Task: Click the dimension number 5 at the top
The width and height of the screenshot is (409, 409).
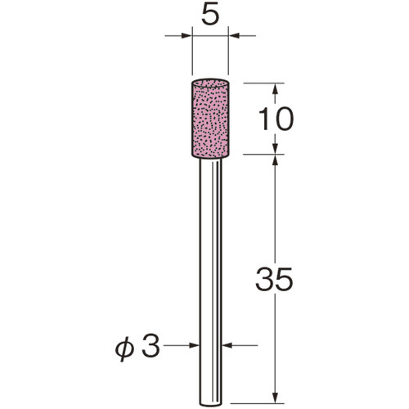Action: tap(210, 14)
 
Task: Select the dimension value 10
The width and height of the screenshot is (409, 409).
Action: tap(276, 119)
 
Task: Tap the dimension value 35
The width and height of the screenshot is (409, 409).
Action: tap(274, 279)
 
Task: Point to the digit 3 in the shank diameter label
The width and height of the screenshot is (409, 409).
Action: tap(151, 345)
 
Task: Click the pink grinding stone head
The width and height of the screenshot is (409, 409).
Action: tap(210, 119)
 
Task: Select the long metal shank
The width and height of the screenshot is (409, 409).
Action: tap(210, 282)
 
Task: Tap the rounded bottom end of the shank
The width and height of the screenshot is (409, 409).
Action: tap(210, 404)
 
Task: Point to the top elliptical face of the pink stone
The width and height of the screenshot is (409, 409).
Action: tap(210, 83)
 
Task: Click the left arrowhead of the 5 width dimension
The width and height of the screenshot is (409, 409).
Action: tap(187, 35)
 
